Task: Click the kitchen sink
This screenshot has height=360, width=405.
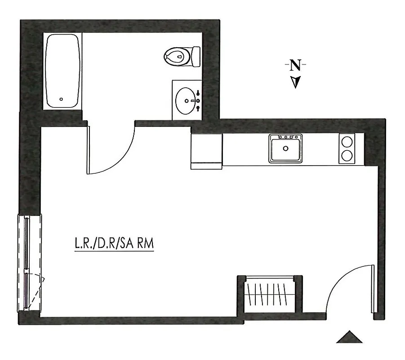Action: pyautogui.click(x=286, y=148)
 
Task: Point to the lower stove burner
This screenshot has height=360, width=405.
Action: pyautogui.click(x=347, y=156)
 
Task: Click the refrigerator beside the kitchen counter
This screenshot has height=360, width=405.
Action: pyautogui.click(x=206, y=150)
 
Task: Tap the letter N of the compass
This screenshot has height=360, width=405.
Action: pyautogui.click(x=295, y=66)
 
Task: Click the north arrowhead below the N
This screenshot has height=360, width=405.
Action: pyautogui.click(x=295, y=82)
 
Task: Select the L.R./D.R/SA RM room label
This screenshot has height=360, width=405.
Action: pyautogui.click(x=114, y=243)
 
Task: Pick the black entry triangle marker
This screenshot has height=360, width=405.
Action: pyautogui.click(x=349, y=337)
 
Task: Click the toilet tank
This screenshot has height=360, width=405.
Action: pyautogui.click(x=196, y=56)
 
